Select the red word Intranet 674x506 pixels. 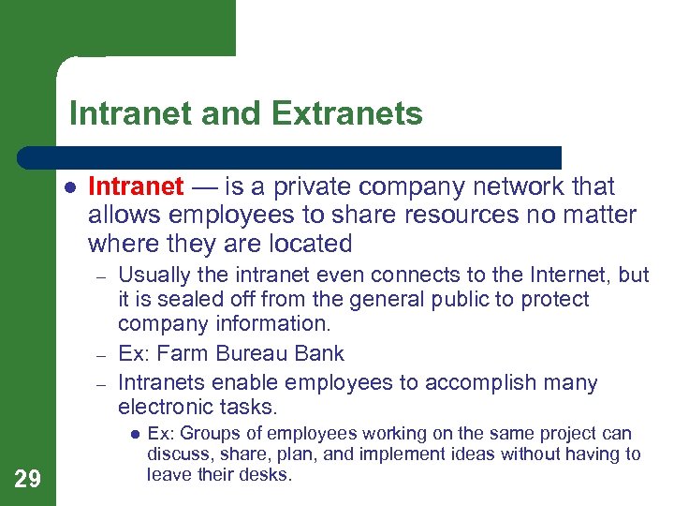coord(136,186)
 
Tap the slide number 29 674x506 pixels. coord(28,480)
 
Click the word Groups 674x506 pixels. coord(202,434)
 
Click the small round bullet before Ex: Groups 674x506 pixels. coord(133,435)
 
